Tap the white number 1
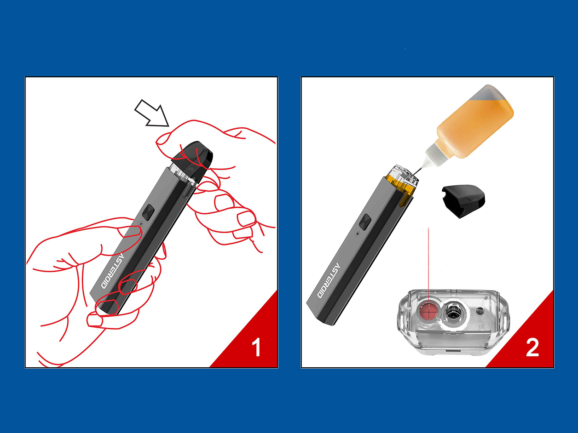pos(256,347)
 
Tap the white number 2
pos(532,348)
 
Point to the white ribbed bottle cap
pos(436,155)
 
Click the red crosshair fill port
pos(428,310)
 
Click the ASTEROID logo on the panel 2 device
pos(329,280)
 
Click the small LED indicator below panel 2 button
pos(358,234)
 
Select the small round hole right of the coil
pos(480,311)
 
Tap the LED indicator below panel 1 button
pos(141,224)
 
